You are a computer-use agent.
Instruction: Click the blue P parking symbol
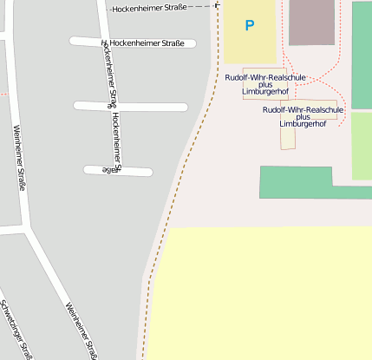(250, 26)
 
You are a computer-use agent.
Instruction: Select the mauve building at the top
(311, 22)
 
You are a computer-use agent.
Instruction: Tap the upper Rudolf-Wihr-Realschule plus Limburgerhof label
(264, 84)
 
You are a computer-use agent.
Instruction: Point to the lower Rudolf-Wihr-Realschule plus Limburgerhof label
(303, 116)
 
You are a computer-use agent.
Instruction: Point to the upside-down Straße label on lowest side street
(109, 170)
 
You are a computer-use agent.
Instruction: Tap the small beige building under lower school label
(288, 138)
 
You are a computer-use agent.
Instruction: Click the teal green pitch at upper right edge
(362, 52)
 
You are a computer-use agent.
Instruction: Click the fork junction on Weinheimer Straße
(29, 230)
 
